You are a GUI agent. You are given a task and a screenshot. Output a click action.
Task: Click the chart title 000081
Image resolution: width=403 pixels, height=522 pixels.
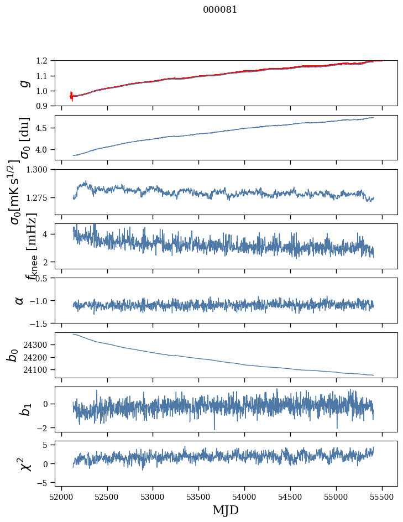point(220,10)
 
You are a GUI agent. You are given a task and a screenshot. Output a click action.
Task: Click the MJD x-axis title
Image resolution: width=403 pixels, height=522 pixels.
point(226,510)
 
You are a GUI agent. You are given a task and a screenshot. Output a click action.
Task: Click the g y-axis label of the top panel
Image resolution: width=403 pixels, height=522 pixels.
point(23,83)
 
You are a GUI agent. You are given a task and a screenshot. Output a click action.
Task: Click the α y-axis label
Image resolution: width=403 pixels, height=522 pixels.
point(20,300)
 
